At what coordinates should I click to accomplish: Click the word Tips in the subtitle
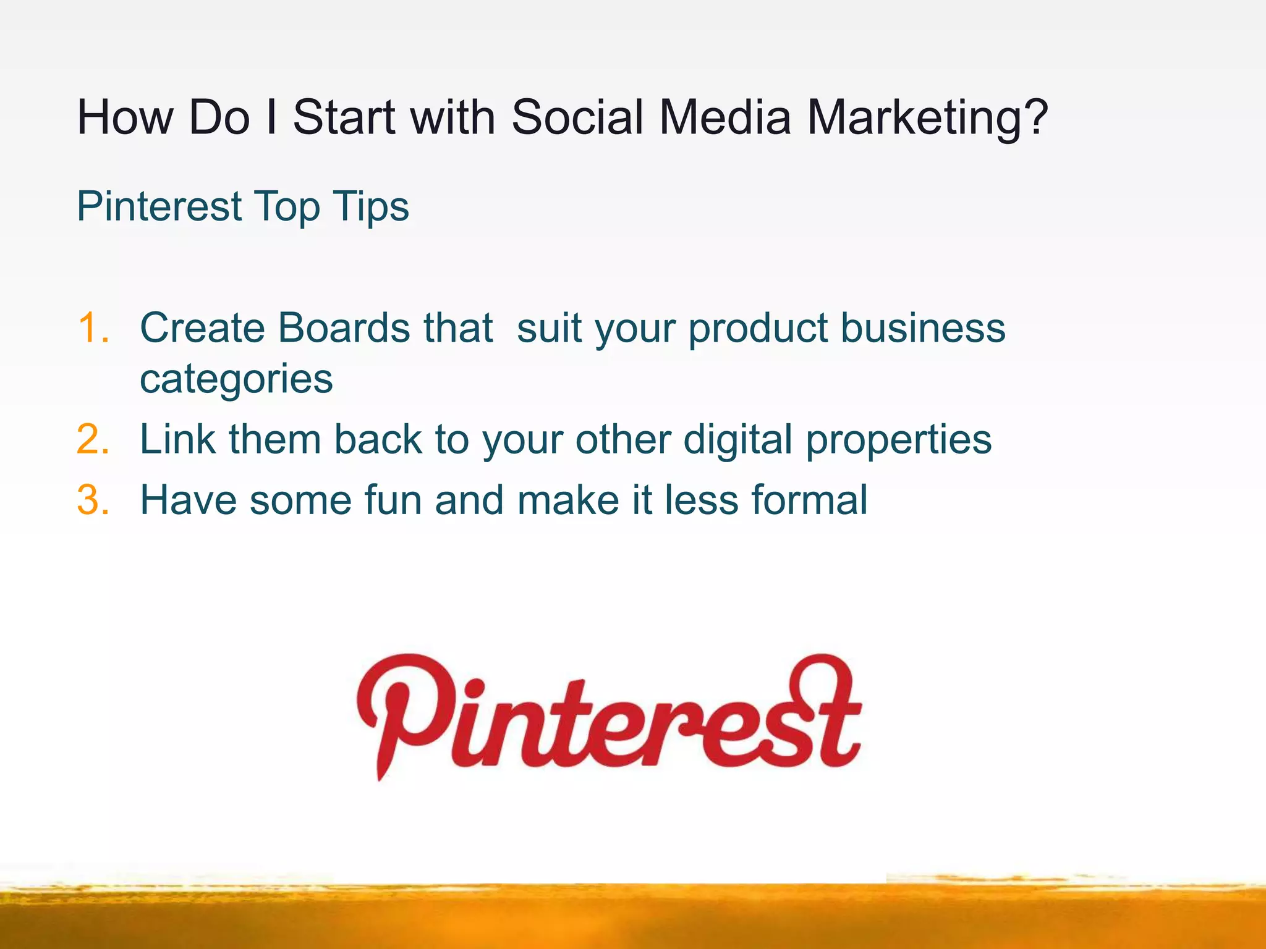tap(370, 207)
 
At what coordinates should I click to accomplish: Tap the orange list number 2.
tap(93, 440)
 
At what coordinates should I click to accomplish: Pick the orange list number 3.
tap(93, 500)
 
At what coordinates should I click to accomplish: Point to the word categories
tap(236, 379)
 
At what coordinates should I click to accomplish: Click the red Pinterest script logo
tap(609, 717)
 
